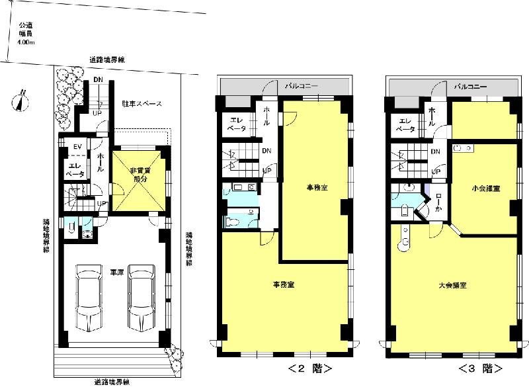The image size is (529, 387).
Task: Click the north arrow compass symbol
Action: pyautogui.click(x=21, y=101)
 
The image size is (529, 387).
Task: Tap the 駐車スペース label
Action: pyautogui.click(x=141, y=104)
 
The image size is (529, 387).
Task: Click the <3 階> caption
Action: pyautogui.click(x=481, y=368)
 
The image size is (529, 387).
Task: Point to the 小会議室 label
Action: pyautogui.click(x=486, y=189)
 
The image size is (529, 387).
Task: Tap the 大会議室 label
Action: pyautogui.click(x=453, y=286)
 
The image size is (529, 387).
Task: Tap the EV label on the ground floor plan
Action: pyautogui.click(x=77, y=146)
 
